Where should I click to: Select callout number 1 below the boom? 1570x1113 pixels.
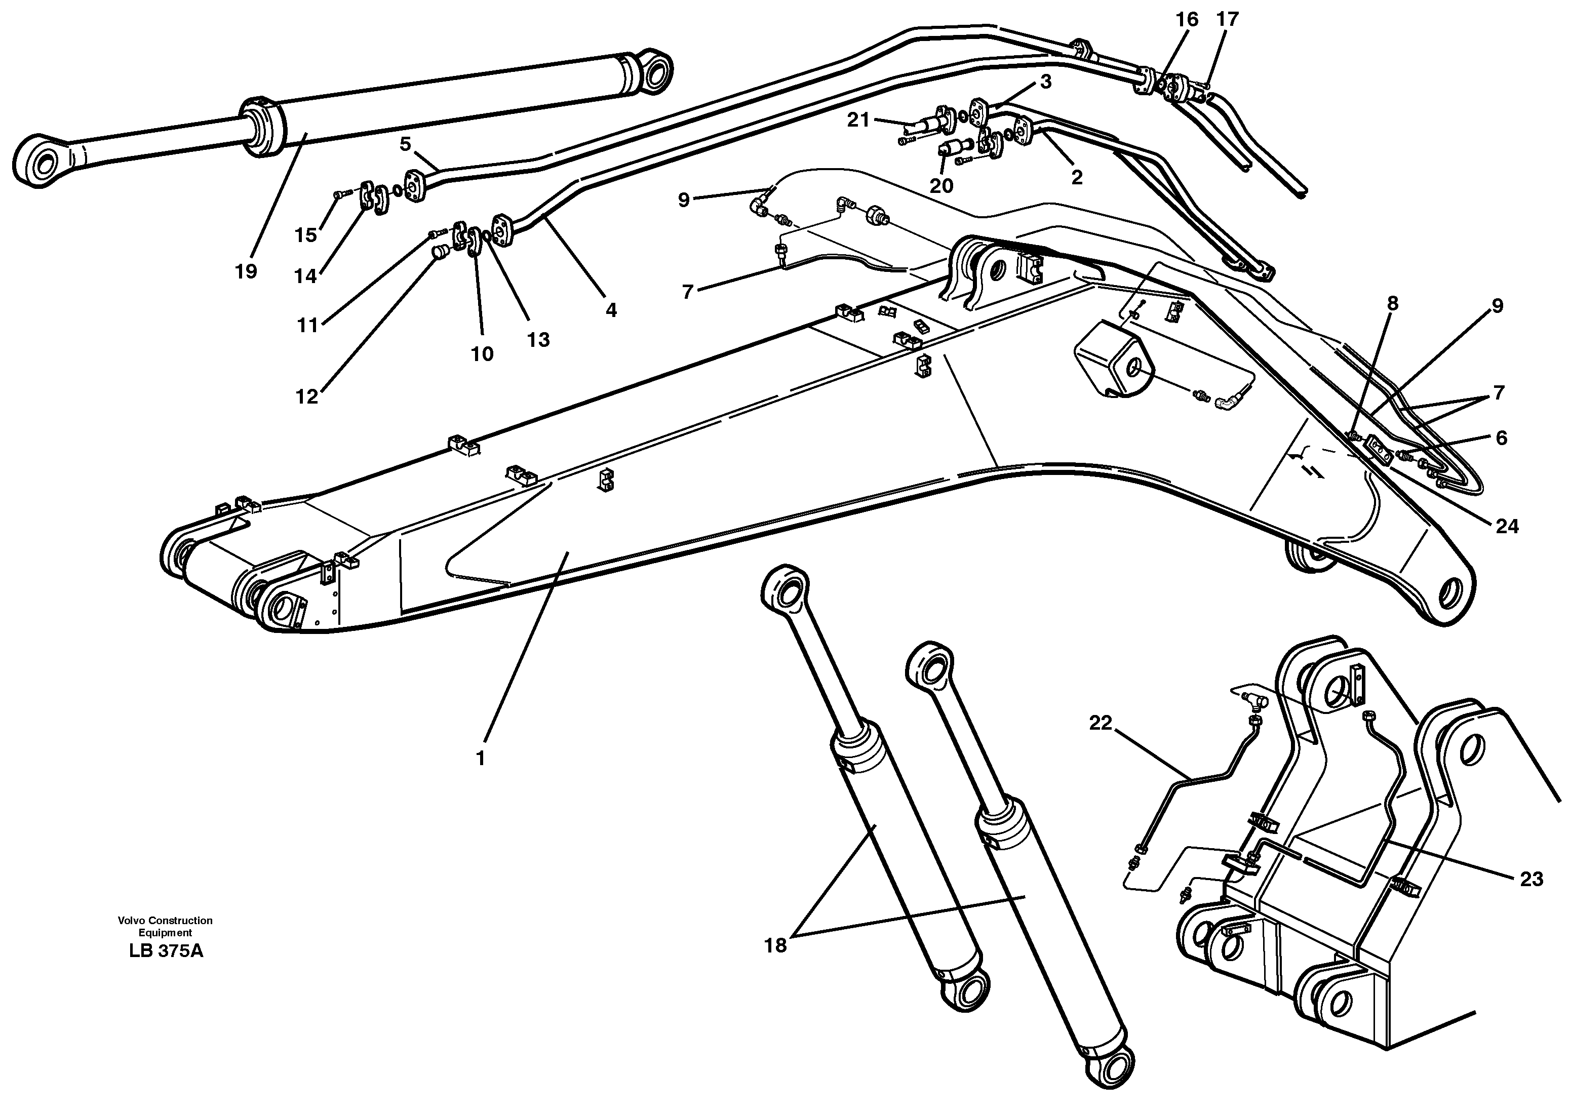(481, 759)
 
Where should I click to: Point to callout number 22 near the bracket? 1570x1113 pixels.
(1101, 724)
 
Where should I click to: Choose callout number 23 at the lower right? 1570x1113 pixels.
(1532, 879)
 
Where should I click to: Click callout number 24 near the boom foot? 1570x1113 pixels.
(1508, 526)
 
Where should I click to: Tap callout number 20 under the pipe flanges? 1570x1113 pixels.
(941, 186)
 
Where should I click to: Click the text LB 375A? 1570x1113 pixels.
(165, 952)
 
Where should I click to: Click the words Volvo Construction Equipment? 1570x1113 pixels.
(165, 927)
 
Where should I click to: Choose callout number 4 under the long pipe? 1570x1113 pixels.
(611, 310)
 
